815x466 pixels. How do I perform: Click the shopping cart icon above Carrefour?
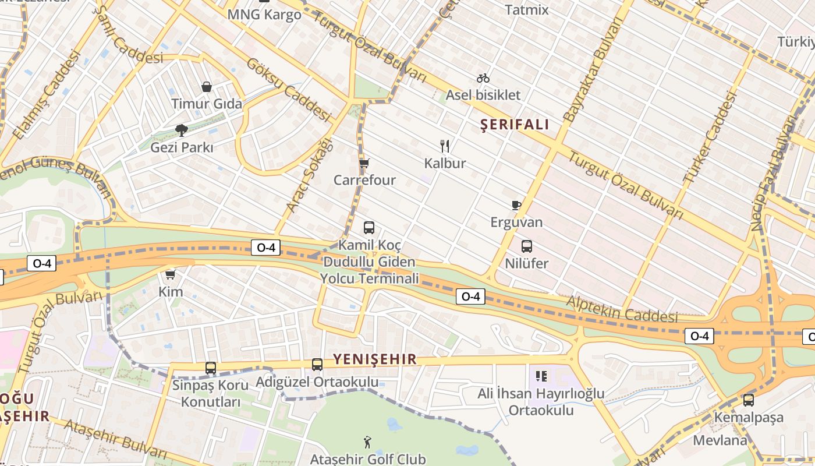(364, 163)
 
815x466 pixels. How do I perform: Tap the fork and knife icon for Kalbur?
(445, 146)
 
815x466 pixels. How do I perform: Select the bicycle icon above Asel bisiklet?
(483, 78)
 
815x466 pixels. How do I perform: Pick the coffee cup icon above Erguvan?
(516, 204)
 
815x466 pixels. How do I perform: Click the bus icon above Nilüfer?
(527, 246)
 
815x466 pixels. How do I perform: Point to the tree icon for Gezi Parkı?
(182, 130)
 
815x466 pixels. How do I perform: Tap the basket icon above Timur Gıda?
(207, 87)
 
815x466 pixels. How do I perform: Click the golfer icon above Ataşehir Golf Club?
(367, 442)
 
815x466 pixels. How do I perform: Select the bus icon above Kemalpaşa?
(749, 400)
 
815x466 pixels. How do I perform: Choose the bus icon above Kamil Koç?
(369, 227)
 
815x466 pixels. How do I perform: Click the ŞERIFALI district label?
(515, 124)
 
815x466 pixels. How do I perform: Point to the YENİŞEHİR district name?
(375, 359)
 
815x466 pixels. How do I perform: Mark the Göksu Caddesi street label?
(289, 90)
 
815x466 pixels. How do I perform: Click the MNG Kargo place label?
(264, 15)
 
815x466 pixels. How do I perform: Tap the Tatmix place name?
(527, 10)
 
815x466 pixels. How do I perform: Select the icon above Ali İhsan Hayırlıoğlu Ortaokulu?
(541, 376)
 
